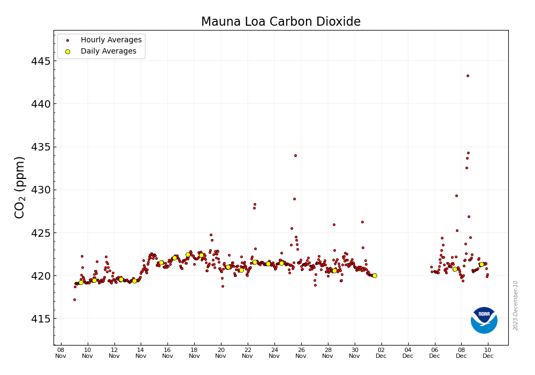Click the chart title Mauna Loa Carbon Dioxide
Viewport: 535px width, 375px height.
pos(280,22)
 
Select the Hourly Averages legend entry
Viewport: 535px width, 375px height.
pos(111,40)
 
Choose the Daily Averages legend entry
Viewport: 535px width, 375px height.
pos(108,51)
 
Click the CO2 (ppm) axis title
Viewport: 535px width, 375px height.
pos(20,187)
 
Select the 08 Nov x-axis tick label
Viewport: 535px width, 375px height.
pos(60,352)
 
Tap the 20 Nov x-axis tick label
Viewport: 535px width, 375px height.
pos(221,352)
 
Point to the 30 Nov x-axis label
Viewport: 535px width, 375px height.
pos(355,352)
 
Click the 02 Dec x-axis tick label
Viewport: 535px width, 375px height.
pos(381,352)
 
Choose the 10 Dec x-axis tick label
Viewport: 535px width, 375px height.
pos(488,352)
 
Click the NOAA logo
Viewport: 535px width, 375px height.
pos(484,320)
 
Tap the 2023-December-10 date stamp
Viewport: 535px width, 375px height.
pos(516,305)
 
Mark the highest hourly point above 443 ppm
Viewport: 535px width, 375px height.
pos(468,76)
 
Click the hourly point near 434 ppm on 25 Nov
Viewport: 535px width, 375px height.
pos(295,155)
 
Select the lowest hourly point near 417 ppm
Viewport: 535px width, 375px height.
pos(74,299)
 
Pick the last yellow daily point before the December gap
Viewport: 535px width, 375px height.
pos(374,275)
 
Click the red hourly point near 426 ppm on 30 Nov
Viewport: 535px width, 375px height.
pos(362,222)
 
